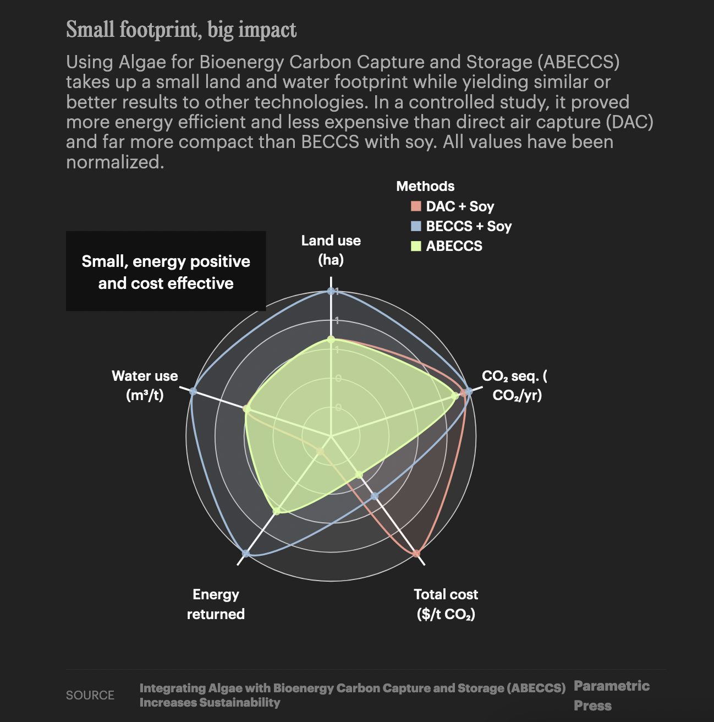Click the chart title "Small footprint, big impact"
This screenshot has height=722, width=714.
(181, 30)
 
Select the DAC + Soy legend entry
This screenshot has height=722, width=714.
(453, 206)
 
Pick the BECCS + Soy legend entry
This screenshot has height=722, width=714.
(462, 226)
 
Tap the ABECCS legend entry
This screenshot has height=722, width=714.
(447, 246)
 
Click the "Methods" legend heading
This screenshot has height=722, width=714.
(425, 186)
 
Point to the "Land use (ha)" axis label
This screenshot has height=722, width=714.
(331, 250)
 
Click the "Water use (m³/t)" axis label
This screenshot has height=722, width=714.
(145, 385)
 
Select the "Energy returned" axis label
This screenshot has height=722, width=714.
(216, 604)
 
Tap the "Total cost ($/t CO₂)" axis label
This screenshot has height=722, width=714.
(446, 604)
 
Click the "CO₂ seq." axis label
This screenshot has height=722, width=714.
(514, 385)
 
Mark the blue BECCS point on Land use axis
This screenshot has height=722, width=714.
(331, 291)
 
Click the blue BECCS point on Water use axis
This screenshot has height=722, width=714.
(193, 391)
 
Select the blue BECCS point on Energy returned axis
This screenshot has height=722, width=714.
(246, 554)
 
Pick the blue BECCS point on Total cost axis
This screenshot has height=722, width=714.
(375, 496)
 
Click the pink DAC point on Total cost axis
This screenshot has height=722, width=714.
(416, 553)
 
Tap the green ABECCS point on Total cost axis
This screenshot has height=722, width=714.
(359, 474)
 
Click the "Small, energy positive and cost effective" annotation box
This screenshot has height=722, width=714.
(166, 271)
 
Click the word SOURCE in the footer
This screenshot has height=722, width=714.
(90, 695)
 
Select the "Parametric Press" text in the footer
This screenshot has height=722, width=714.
(611, 696)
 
